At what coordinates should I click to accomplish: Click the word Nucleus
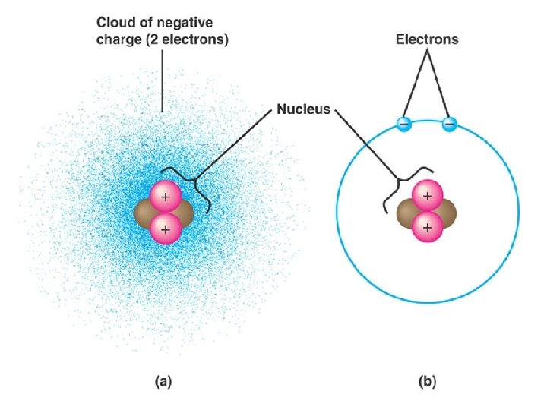click(303, 109)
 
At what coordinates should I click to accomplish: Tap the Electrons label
click(427, 39)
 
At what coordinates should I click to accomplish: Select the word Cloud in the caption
click(115, 23)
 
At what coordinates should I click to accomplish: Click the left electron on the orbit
click(403, 124)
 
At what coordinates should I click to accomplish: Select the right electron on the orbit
click(450, 124)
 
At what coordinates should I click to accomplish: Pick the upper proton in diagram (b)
click(427, 197)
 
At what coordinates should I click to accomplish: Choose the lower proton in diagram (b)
click(427, 227)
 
